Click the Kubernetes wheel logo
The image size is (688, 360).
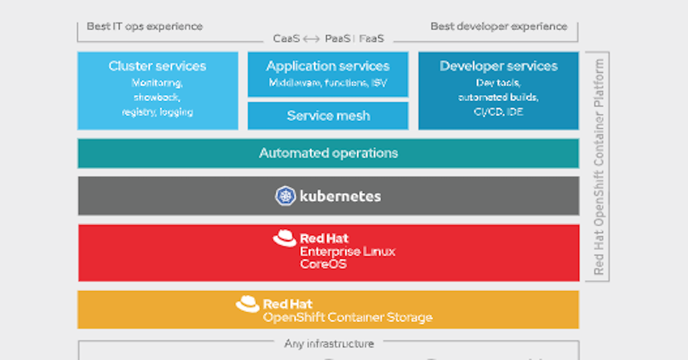coord(286,196)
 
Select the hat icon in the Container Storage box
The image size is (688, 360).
coord(248,304)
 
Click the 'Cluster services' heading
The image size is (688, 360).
coord(157,66)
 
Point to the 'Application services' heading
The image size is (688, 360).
coord(328,66)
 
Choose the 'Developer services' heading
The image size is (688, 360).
coord(498,66)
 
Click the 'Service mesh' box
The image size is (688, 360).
coord(328,116)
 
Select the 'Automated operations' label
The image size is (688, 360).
coord(328,153)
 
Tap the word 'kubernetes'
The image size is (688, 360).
coord(340,196)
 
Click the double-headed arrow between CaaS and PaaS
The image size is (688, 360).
coord(311,39)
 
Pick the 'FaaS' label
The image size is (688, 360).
coord(372,39)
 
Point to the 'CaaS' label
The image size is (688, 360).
coord(286,39)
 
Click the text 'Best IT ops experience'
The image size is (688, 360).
coord(144,26)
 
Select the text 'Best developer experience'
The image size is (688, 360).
coord(499,26)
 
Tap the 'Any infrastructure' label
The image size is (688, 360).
coord(329,344)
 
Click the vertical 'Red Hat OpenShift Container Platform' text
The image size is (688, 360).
coord(599,166)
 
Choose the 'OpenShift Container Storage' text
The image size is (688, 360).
coord(347,318)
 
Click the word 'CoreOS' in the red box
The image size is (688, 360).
coord(323,264)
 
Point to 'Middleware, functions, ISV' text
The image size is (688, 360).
coord(328,83)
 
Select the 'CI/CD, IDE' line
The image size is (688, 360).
coord(498,112)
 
